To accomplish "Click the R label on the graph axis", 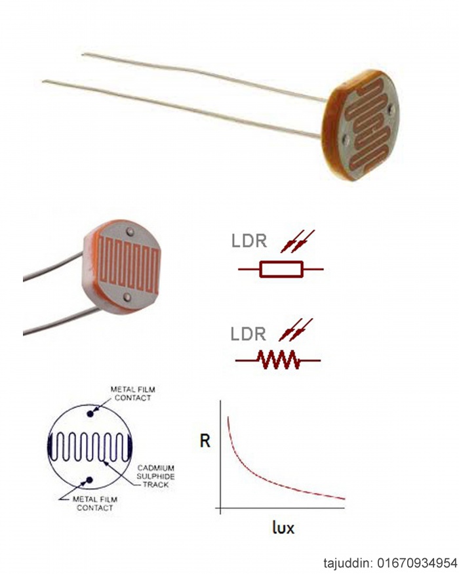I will pos(205,440).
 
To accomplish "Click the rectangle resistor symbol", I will pos(279,269).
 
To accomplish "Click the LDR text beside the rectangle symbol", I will pos(248,241).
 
